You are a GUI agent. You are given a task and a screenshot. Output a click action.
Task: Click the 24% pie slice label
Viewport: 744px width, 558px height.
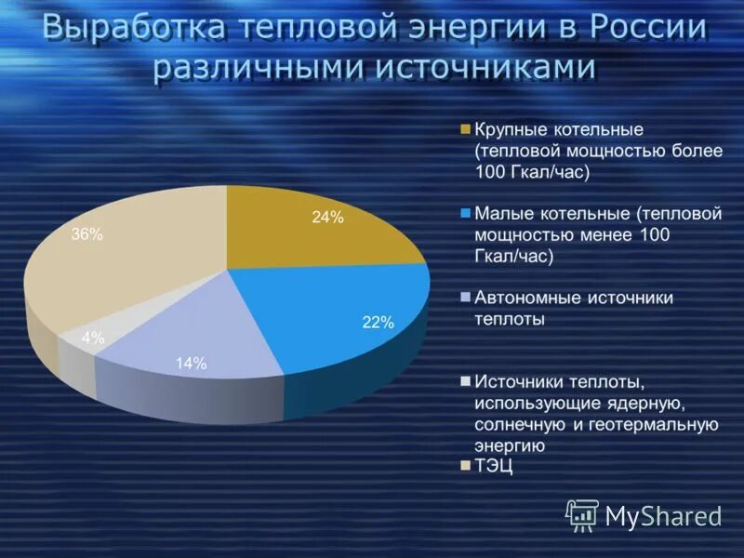327,218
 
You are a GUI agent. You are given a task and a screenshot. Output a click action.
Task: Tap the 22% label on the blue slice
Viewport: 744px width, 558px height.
379,323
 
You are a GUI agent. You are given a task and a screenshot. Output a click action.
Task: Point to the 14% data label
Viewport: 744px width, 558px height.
191,364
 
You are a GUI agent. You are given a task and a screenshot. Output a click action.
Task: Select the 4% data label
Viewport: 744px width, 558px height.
93,339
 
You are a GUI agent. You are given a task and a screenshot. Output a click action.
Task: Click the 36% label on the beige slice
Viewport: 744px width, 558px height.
86,235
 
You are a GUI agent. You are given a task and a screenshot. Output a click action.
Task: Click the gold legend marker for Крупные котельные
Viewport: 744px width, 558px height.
465,129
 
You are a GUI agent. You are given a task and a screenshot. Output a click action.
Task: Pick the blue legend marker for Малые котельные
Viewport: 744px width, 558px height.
465,213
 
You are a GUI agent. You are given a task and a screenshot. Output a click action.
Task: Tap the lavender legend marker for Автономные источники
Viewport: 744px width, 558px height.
465,298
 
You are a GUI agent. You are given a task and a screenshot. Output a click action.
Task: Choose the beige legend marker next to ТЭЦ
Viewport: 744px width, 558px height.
465,466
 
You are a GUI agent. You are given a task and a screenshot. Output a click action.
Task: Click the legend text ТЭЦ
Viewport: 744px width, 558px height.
494,466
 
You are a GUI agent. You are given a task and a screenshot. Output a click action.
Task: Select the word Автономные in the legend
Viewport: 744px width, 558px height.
525,298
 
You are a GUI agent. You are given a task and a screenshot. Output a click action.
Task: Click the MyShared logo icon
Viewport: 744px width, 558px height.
582,514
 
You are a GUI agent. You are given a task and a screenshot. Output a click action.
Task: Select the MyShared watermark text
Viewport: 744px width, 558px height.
663,515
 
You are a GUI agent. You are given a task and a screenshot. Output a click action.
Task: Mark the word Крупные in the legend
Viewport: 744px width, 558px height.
508,129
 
